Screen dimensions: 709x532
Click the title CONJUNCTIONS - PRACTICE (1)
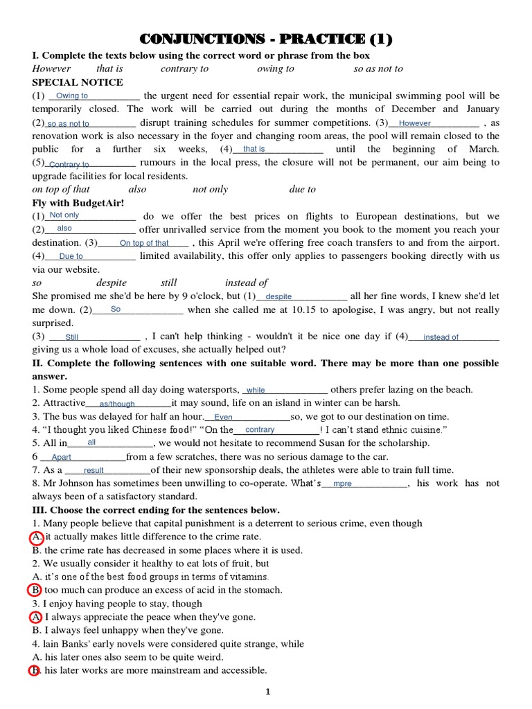[267, 39]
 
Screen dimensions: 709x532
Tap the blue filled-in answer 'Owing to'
[71, 96]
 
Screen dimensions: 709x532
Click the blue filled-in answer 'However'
[415, 123]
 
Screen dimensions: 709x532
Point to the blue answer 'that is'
[254, 149]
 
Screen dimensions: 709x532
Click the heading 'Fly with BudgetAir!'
[78, 203]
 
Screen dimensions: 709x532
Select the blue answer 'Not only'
[64, 215]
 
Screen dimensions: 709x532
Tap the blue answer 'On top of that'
[144, 243]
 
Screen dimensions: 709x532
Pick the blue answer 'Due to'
[71, 256]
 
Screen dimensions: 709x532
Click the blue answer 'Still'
[72, 337]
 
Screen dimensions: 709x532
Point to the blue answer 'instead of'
[441, 337]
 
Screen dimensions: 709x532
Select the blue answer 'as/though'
[117, 404]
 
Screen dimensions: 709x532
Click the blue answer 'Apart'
[62, 457]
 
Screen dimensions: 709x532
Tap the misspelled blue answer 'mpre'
[342, 483]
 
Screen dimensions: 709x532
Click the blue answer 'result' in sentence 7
[94, 470]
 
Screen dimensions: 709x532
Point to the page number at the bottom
[267, 692]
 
